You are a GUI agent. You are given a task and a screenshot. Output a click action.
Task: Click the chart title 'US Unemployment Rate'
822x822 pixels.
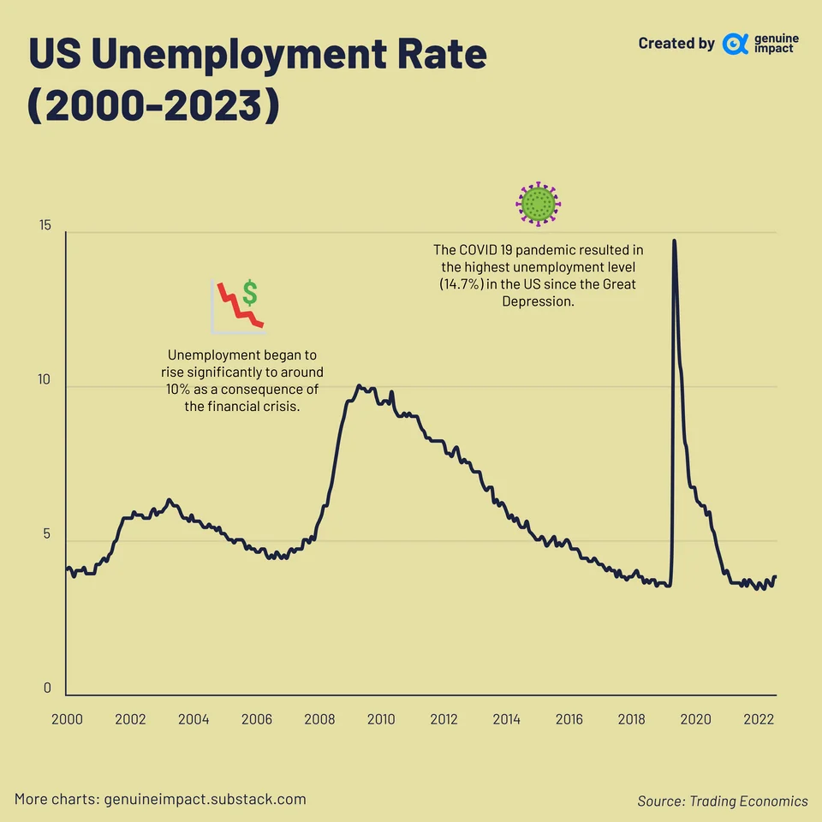[258, 55]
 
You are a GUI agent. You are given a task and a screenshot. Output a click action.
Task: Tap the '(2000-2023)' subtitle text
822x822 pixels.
[154, 106]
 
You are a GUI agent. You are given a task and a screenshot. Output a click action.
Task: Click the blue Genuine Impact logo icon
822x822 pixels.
[735, 44]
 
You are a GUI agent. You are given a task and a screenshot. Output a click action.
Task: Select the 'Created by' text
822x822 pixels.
[676, 44]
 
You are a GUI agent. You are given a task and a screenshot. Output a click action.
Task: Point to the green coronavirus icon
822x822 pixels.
[538, 204]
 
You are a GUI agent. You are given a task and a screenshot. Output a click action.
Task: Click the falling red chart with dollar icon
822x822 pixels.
[237, 306]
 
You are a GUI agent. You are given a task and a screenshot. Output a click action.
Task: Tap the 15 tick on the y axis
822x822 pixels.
[45, 226]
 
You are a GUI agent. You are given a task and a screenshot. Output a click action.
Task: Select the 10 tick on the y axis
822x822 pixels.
[45, 380]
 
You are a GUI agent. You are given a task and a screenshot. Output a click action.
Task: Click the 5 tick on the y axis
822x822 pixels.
[47, 534]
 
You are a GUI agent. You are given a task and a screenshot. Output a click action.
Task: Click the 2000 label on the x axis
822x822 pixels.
[67, 719]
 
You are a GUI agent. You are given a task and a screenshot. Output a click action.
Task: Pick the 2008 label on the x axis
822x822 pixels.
[319, 719]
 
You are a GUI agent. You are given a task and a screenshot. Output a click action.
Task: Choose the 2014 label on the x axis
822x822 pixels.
[507, 719]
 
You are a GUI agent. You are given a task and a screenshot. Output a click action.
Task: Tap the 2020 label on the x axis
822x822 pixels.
[695, 719]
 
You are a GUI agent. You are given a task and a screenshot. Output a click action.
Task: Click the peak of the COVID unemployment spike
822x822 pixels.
[674, 241]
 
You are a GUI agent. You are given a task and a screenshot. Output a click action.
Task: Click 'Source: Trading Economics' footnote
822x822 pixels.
[722, 801]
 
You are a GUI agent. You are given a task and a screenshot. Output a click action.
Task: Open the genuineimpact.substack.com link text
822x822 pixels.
[205, 800]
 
